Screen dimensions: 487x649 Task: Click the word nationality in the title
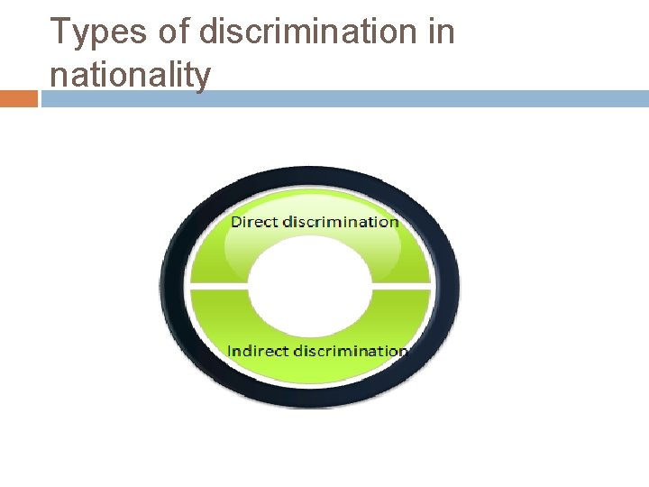click(130, 75)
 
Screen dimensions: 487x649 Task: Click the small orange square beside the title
click(18, 98)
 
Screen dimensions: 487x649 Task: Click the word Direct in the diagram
click(255, 222)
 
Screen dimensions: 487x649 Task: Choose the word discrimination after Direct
click(341, 222)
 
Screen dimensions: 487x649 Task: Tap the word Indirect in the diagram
click(257, 351)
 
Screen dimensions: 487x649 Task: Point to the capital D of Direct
click(237, 222)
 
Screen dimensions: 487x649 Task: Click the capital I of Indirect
click(231, 351)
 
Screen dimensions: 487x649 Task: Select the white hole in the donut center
click(309, 286)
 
